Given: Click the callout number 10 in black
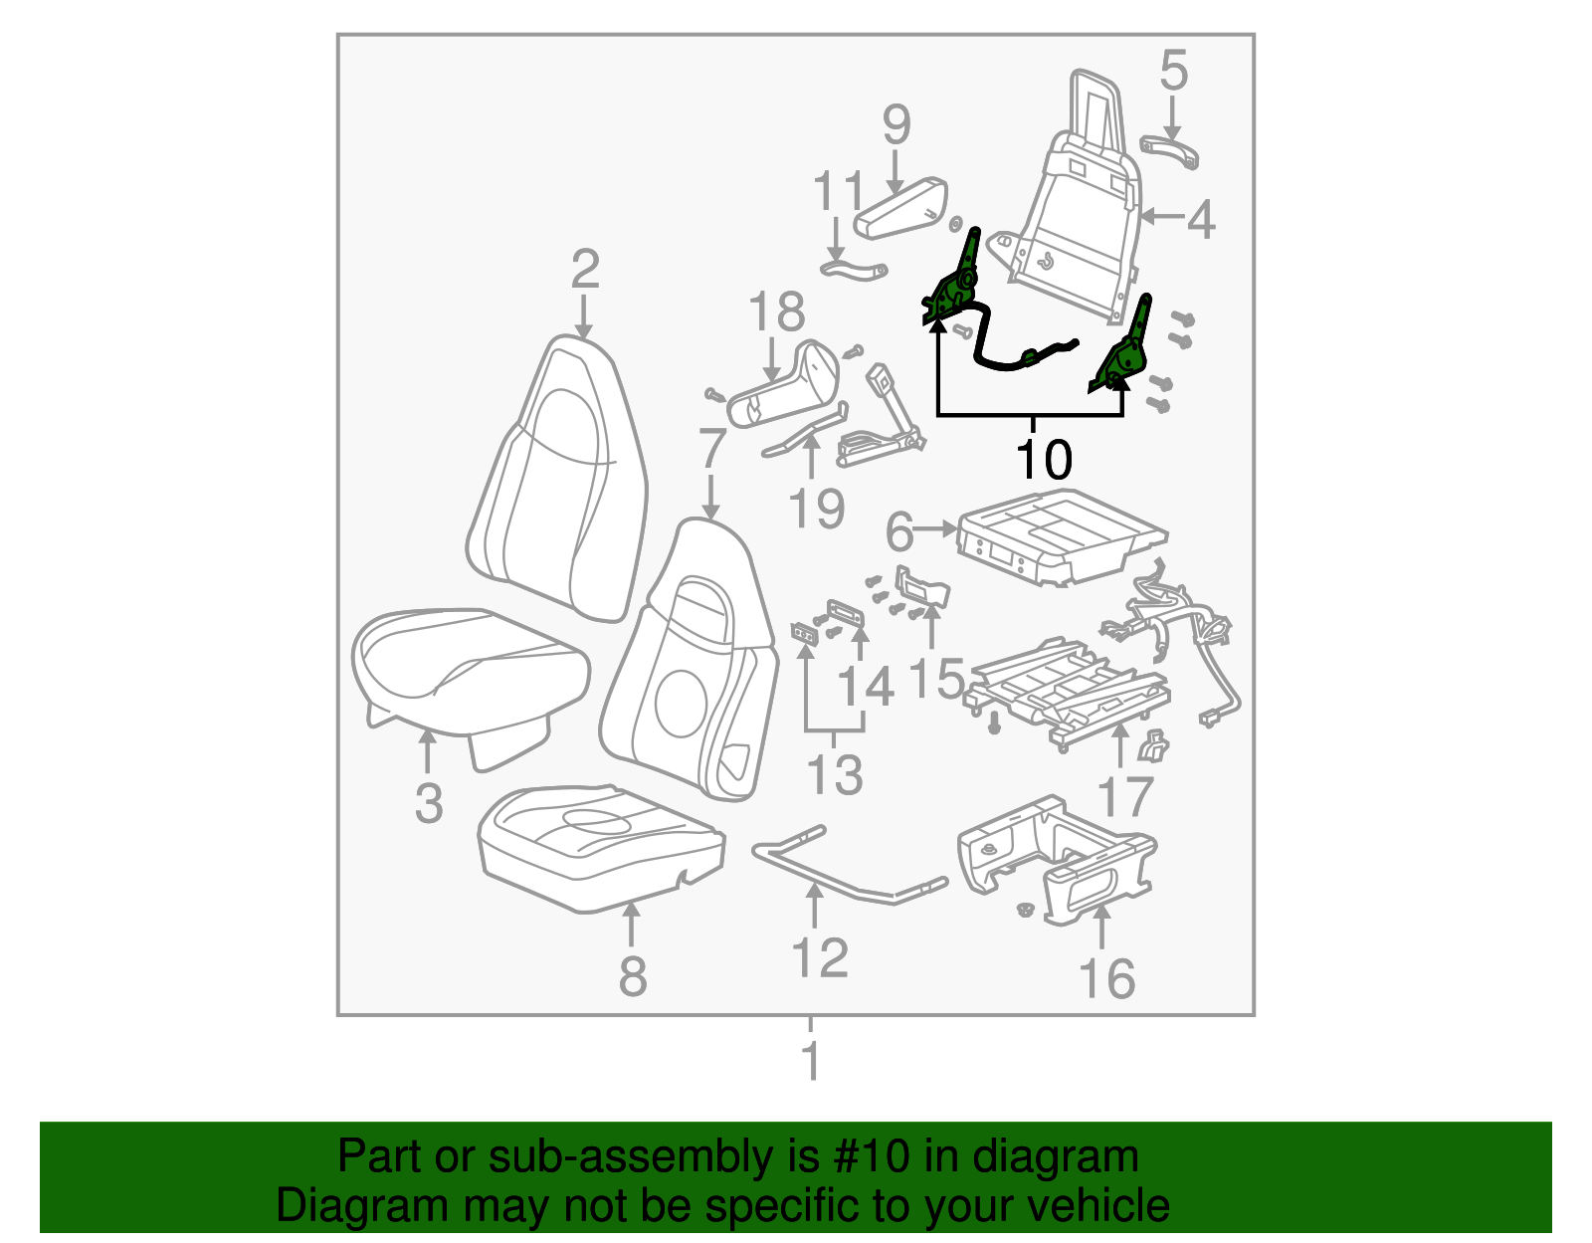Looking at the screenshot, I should [1044, 460].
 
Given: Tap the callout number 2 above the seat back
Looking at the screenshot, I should [585, 270].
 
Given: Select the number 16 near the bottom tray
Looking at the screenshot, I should [1106, 979].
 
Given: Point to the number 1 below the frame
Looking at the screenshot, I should [811, 1062].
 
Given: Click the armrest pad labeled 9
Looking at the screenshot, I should [900, 209].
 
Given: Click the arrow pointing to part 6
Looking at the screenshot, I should [936, 530].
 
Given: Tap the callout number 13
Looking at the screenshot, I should [834, 775].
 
